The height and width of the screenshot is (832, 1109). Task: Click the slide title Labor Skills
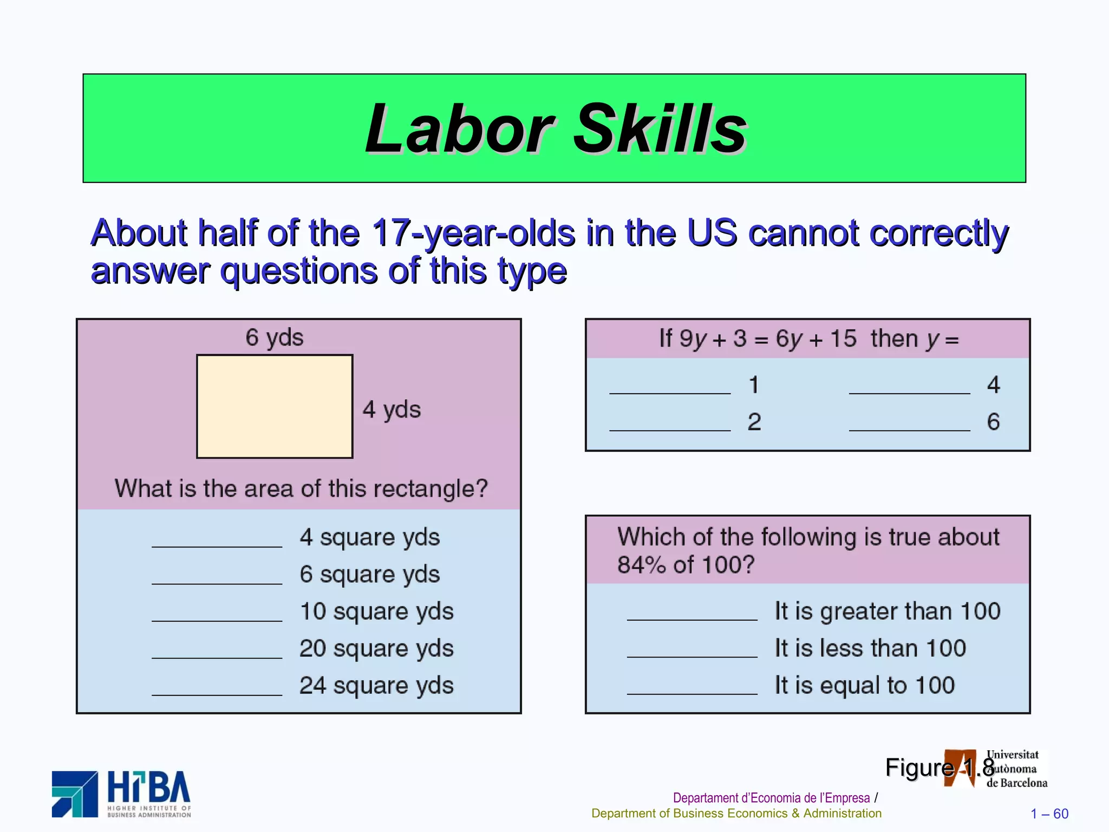pyautogui.click(x=556, y=128)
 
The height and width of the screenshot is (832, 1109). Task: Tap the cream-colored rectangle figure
pyautogui.click(x=275, y=406)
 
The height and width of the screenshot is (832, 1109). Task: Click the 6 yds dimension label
pyautogui.click(x=274, y=337)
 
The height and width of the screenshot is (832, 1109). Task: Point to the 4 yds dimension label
pyautogui.click(x=392, y=409)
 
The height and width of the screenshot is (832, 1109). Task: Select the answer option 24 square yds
pyautogui.click(x=376, y=686)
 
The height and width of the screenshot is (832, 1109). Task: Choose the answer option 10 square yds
pyautogui.click(x=376, y=612)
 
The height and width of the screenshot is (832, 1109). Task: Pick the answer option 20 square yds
pyautogui.click(x=376, y=648)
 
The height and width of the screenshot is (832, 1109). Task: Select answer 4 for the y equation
pyautogui.click(x=993, y=385)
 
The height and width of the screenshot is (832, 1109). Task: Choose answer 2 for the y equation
pyautogui.click(x=754, y=422)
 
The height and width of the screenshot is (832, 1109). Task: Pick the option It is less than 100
pyautogui.click(x=870, y=648)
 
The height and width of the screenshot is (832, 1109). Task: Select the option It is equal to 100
pyautogui.click(x=864, y=686)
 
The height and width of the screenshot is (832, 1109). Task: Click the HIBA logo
pyautogui.click(x=122, y=794)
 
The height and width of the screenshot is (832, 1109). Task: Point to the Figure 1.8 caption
pyautogui.click(x=940, y=768)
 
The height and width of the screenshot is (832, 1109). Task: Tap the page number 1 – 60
pyautogui.click(x=1049, y=814)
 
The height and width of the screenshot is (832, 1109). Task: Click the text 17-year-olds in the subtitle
pyautogui.click(x=473, y=233)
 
